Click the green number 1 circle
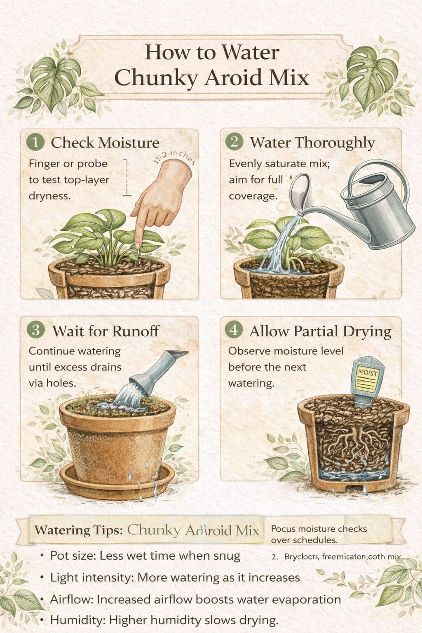(35, 143)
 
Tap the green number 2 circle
(234, 142)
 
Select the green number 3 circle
(35, 330)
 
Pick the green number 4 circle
(234, 330)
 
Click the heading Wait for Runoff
(105, 331)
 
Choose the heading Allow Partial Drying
(320, 331)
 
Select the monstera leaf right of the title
(371, 74)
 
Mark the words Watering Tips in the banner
(78, 530)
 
